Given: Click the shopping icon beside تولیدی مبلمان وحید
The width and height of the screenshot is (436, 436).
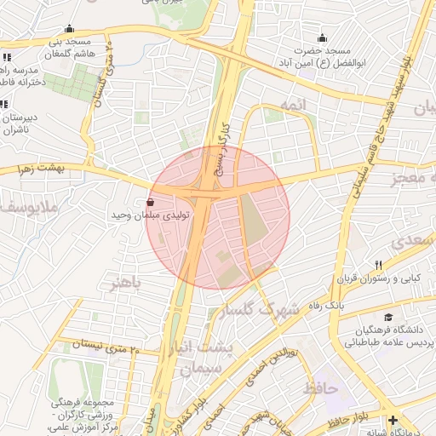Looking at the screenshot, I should click(151, 202).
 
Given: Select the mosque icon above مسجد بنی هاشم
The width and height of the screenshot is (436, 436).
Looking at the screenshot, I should click(69, 28).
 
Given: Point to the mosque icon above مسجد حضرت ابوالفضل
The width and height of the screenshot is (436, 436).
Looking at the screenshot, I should click(322, 37).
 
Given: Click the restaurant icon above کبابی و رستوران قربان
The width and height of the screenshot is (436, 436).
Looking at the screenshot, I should click(379, 264).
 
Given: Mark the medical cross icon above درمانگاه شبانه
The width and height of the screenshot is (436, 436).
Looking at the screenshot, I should click(392, 421).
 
